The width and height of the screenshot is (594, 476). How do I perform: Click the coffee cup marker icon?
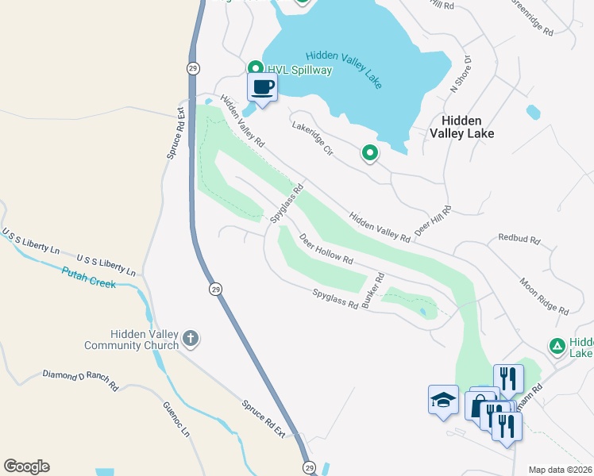tap(263, 86)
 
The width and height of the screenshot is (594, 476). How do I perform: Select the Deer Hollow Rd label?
tap(326, 248)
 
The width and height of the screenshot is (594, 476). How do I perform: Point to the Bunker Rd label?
tap(373, 290)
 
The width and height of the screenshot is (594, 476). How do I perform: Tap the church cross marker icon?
tap(190, 339)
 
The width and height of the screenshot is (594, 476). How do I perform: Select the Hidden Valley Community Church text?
tap(132, 340)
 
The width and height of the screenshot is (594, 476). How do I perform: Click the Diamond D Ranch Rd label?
tap(80, 380)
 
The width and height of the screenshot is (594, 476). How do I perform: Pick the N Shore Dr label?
tap(461, 74)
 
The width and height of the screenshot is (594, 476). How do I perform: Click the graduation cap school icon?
tap(443, 399)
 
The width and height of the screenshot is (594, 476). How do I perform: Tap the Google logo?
tap(26, 466)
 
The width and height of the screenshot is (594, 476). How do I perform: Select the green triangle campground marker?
tap(557, 346)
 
